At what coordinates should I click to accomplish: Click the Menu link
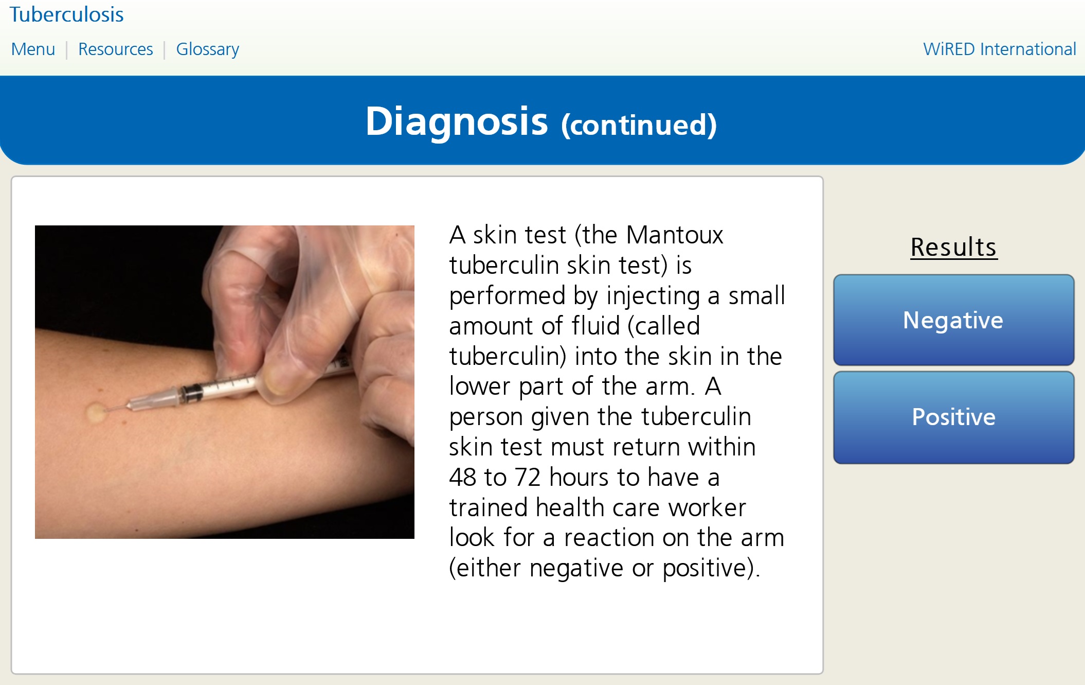click(33, 49)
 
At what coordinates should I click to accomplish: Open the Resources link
click(116, 49)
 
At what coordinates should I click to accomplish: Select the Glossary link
click(208, 50)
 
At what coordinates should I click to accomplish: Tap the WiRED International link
click(999, 49)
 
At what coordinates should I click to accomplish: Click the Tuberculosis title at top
click(67, 14)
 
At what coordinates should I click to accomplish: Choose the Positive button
click(953, 417)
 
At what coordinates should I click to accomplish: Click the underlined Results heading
click(954, 248)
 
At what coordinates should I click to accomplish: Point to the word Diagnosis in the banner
click(457, 122)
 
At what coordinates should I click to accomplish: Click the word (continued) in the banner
click(639, 125)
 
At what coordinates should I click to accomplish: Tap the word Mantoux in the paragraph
click(675, 235)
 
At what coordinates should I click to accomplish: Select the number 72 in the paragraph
click(528, 478)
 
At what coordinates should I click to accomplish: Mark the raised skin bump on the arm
click(95, 412)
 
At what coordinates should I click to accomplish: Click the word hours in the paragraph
click(580, 478)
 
